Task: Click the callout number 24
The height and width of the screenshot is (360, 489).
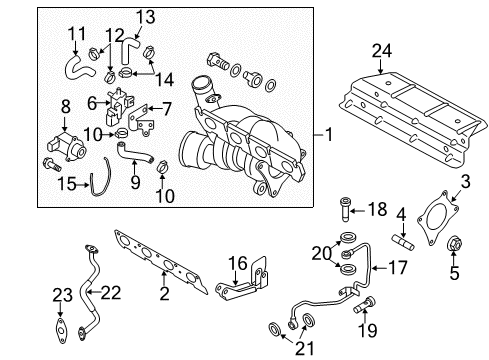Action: (x=382, y=51)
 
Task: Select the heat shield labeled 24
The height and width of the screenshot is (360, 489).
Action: (x=413, y=117)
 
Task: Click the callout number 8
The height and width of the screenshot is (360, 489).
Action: (x=66, y=107)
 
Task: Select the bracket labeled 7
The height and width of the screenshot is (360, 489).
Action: (x=141, y=120)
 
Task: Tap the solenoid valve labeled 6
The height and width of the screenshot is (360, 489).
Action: (x=118, y=106)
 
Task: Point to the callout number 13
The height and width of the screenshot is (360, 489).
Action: (x=146, y=17)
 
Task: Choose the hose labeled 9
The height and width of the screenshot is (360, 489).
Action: (x=134, y=154)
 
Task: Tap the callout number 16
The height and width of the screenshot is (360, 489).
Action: (x=238, y=263)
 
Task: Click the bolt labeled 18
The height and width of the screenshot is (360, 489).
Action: (x=345, y=210)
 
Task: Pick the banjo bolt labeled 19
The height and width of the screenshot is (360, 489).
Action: (x=364, y=305)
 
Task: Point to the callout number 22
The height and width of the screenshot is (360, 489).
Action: (x=111, y=293)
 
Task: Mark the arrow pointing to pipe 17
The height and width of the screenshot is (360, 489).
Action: (x=379, y=268)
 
